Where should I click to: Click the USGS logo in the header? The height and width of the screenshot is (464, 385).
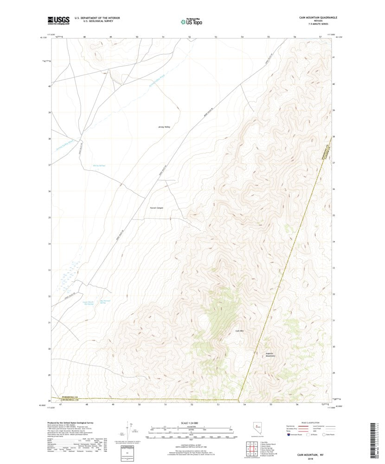pyautogui.click(x=58, y=20)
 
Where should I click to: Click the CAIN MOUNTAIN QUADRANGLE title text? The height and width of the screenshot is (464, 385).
pyautogui.click(x=318, y=17)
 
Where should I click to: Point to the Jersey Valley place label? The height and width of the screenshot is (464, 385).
pyautogui.click(x=164, y=126)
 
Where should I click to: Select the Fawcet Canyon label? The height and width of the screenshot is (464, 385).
pyautogui.click(x=156, y=208)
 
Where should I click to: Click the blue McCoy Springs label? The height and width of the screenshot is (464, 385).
pyautogui.click(x=99, y=165)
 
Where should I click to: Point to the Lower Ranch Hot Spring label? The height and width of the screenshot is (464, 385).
pyautogui.click(x=88, y=303)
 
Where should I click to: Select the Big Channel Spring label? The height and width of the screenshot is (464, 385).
pyautogui.click(x=106, y=301)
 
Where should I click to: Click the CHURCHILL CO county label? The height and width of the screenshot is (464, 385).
pyautogui.click(x=72, y=400)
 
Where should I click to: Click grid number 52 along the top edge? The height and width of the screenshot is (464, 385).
pyautogui.click(x=190, y=36)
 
